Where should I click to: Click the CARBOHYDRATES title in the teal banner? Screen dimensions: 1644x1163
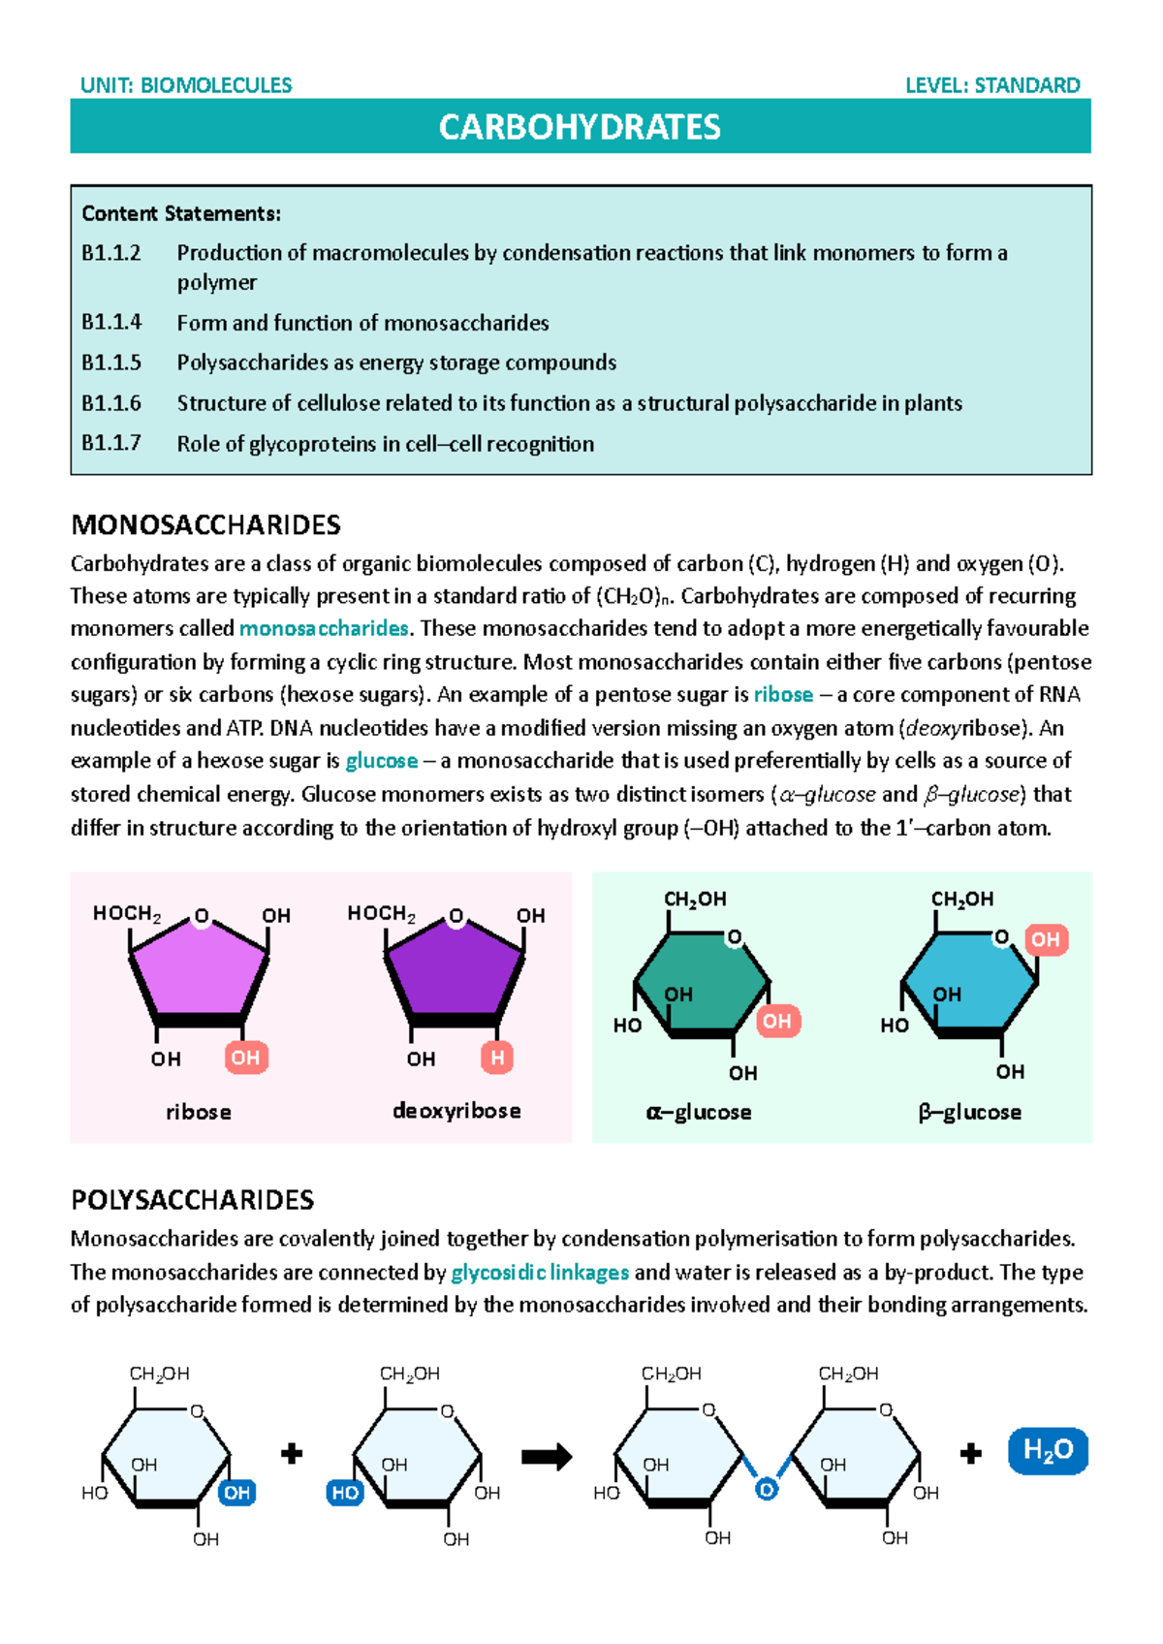580,127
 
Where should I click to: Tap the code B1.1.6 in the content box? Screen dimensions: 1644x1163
111,403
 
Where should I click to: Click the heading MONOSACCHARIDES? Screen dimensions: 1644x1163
205,525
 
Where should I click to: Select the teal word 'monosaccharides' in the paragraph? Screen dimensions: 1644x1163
324,629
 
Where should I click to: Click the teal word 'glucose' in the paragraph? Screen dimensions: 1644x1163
382,761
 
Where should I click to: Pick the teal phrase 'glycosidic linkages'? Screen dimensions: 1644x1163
540,1273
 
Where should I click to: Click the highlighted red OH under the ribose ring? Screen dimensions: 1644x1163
245,1058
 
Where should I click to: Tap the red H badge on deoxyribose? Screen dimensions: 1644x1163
497,1058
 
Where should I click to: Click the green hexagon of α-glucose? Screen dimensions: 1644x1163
701,983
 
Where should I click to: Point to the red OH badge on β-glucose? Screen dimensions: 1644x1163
1045,939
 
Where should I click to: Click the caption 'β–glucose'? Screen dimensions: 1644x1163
969,1112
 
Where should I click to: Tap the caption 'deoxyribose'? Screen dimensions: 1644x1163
456,1111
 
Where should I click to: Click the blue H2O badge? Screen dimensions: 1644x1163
1048,1451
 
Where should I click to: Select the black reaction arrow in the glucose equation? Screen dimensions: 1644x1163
547,1457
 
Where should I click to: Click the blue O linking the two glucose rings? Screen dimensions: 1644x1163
767,1490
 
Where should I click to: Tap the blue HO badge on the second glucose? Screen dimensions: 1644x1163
345,1493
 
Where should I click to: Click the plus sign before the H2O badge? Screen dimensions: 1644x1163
970,1453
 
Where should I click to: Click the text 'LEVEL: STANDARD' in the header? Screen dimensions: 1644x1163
992,85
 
